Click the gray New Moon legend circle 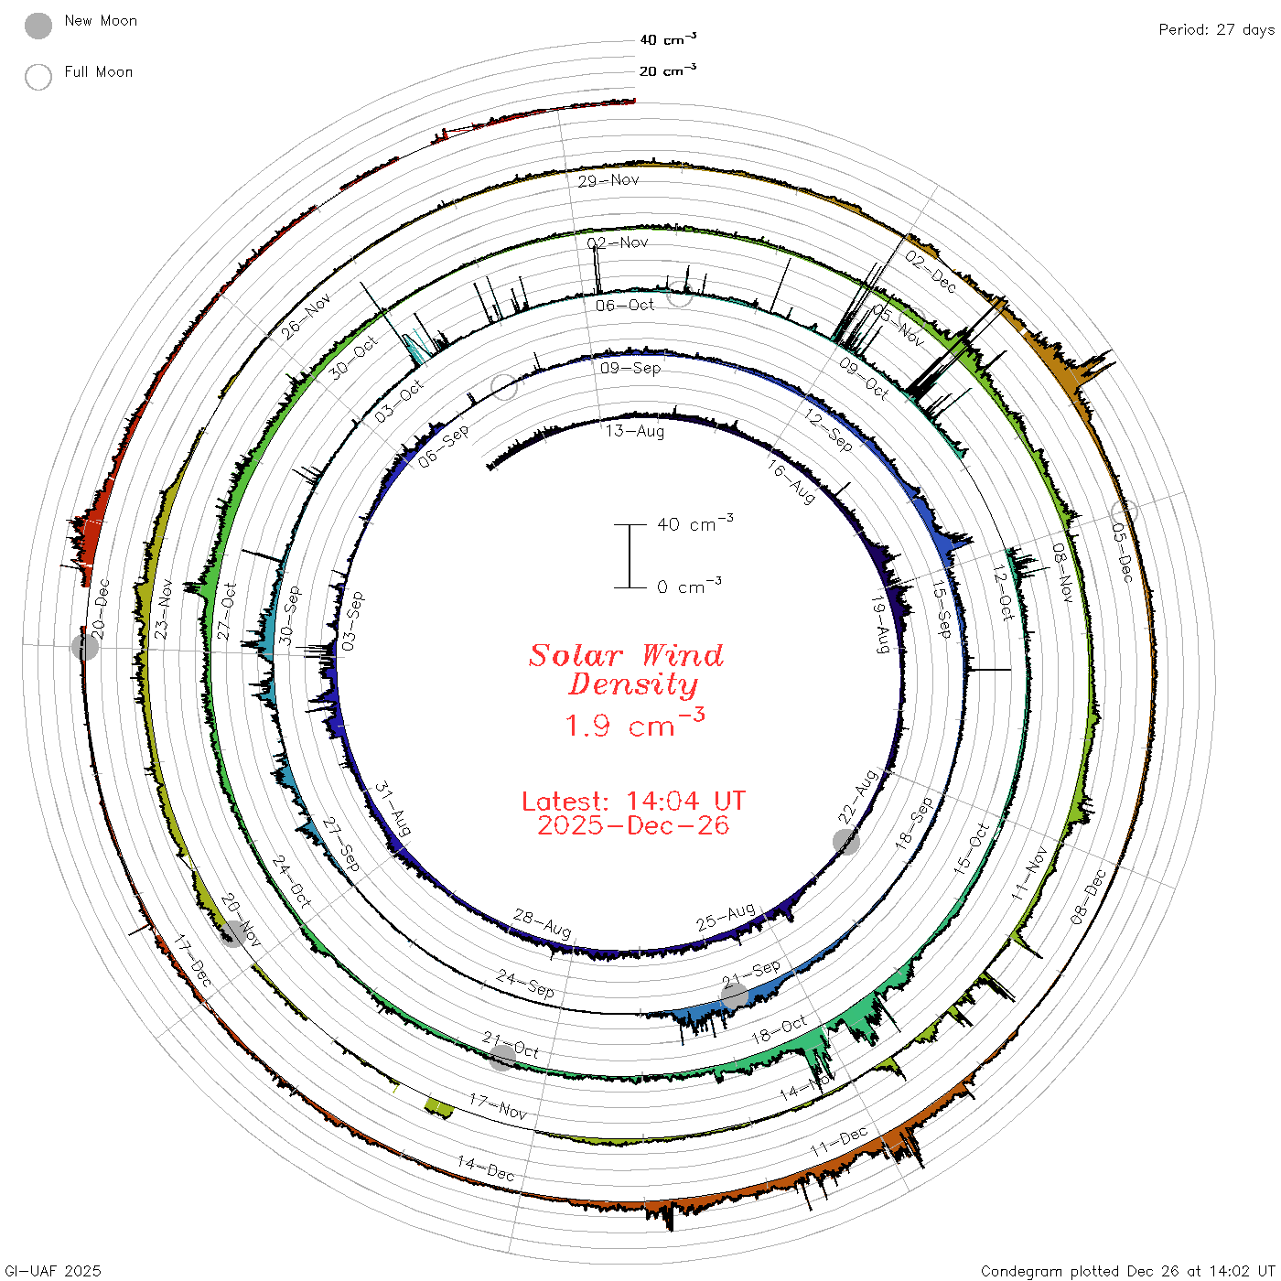(x=38, y=26)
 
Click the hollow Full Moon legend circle (x=38, y=77)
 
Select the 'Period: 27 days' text (x=1216, y=30)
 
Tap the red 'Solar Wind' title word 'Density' (x=633, y=684)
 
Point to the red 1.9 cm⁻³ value (x=635, y=724)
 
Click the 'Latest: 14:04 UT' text (x=633, y=801)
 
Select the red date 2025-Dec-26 (x=633, y=825)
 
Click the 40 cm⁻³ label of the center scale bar (x=695, y=523)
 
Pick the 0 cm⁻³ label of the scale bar (x=689, y=587)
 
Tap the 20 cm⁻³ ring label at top (x=668, y=70)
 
